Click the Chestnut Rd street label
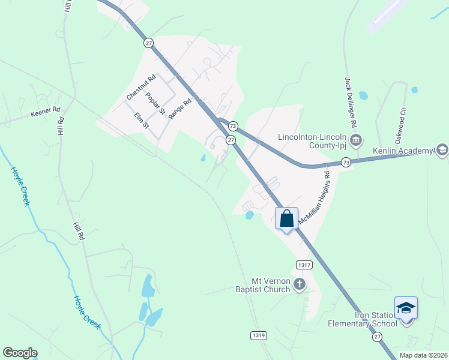(141, 88)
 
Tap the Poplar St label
(155, 103)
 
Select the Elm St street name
(141, 120)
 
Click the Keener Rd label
(46, 110)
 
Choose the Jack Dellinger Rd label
(351, 101)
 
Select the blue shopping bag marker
(286, 219)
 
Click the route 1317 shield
(303, 265)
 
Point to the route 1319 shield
(258, 335)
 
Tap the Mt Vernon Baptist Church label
(262, 284)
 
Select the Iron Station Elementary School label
(363, 319)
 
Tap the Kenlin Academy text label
(403, 150)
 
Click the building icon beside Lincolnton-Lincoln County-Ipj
(355, 141)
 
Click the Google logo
(20, 353)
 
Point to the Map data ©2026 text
(423, 355)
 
